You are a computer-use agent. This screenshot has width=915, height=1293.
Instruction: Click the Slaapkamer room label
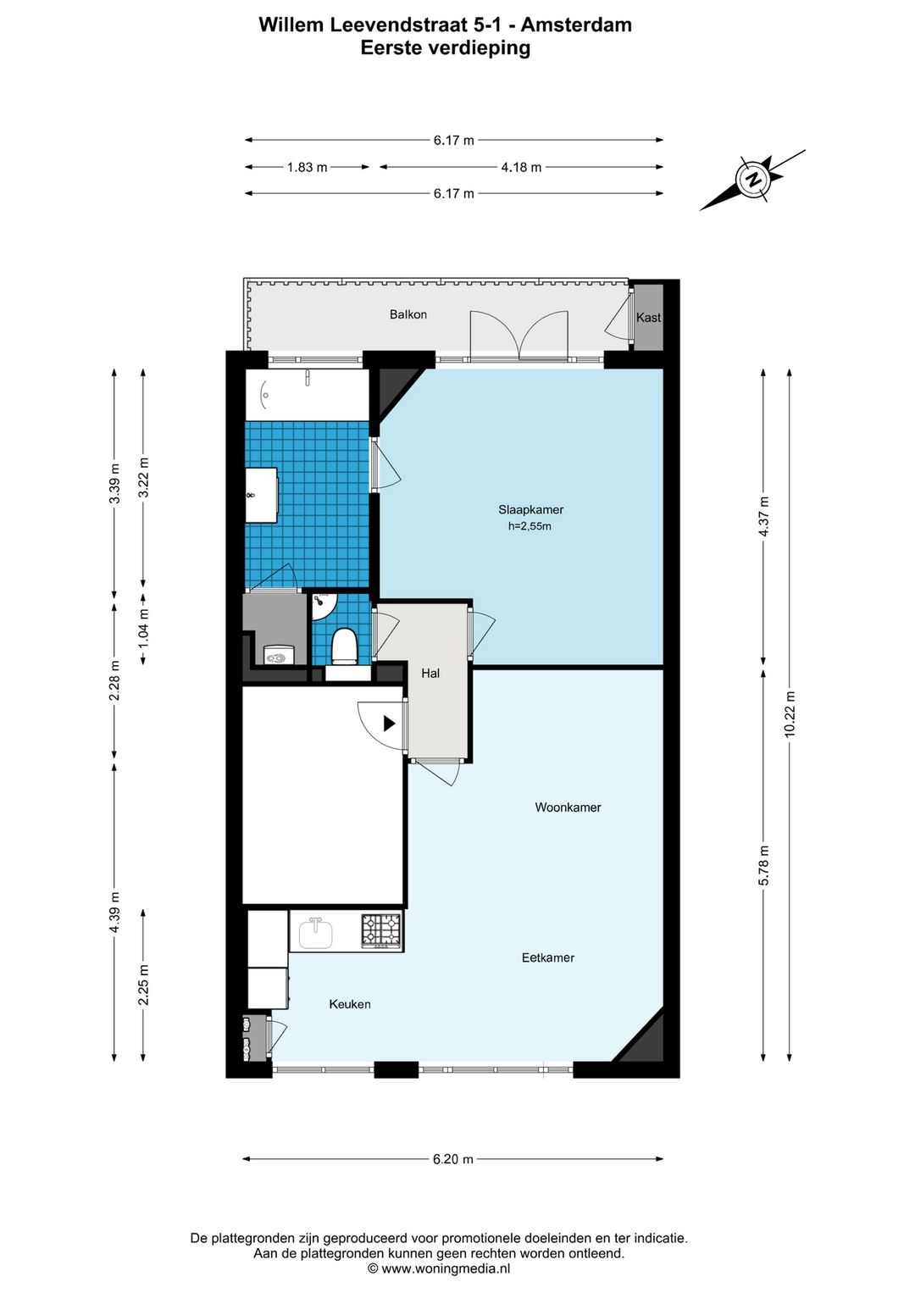530,510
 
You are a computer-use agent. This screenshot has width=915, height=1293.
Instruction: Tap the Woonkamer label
568,807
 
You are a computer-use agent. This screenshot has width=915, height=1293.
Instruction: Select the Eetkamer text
548,957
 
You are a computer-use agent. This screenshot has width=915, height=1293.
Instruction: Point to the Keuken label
350,1004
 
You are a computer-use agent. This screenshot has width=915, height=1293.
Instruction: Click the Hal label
430,673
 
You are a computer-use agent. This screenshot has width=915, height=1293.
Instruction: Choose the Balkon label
408,314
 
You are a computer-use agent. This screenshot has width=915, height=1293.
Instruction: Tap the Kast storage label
648,318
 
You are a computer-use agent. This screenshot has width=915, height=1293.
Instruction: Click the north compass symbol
753,180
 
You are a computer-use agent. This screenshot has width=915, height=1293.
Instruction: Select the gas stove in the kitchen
381,932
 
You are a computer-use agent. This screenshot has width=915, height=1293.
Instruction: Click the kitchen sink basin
316,934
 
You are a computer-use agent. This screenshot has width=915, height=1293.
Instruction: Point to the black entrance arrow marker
390,724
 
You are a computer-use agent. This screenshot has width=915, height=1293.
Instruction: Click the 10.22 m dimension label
790,713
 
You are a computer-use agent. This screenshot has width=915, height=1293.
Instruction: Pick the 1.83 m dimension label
307,168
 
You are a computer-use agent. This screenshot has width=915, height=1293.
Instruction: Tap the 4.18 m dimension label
521,168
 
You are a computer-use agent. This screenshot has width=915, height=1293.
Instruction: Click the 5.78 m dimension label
763,865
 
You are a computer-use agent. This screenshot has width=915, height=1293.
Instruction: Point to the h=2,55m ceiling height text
530,526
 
